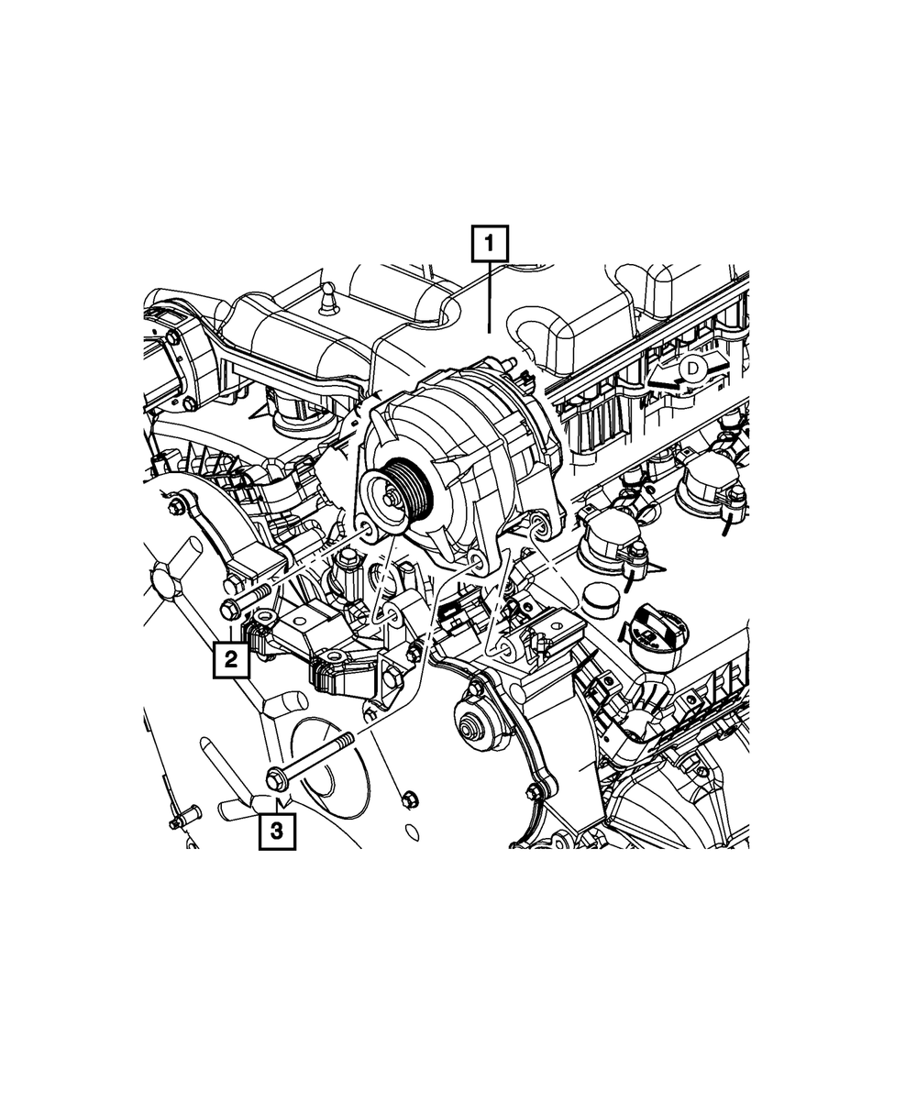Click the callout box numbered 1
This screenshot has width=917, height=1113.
click(490, 244)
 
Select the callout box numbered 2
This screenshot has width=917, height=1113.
click(231, 660)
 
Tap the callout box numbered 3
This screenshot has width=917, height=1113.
click(277, 831)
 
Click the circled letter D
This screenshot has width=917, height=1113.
click(692, 368)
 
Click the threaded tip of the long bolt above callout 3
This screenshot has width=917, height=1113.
click(347, 738)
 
